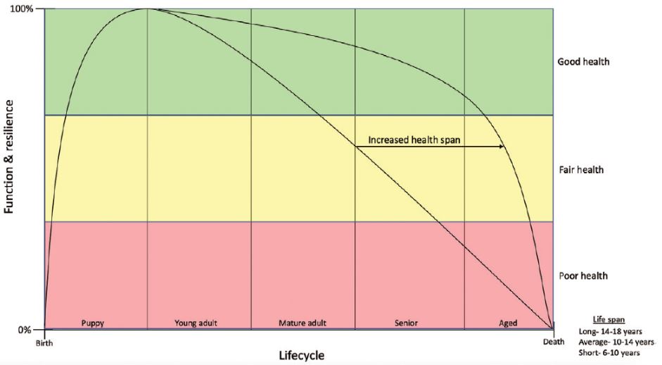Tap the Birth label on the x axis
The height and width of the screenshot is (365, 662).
pyautogui.click(x=44, y=343)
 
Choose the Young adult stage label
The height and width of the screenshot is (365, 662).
pyautogui.click(x=196, y=323)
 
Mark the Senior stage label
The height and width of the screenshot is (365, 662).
pyautogui.click(x=406, y=323)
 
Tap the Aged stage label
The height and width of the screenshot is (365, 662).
pyautogui.click(x=508, y=323)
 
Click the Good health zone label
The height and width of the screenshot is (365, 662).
pyautogui.click(x=583, y=62)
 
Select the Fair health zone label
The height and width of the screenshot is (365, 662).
pyautogui.click(x=580, y=170)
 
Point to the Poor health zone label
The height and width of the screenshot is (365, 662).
pyautogui.click(x=582, y=276)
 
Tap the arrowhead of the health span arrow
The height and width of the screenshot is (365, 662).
pyautogui.click(x=502, y=147)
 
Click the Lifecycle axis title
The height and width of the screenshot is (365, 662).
pyautogui.click(x=300, y=355)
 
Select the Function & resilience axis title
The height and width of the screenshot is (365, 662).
pyautogui.click(x=10, y=156)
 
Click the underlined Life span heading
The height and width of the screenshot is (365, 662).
pyautogui.click(x=609, y=319)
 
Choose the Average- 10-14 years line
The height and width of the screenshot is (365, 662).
pyautogui.click(x=613, y=342)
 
